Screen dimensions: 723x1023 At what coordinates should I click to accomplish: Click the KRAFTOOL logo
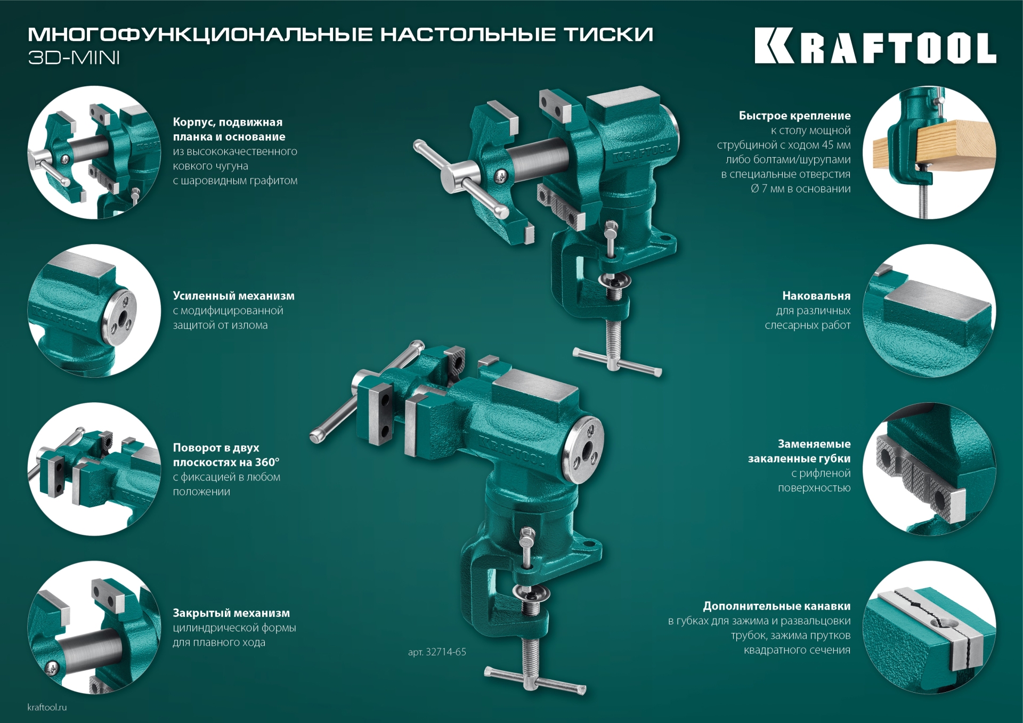tap(875, 46)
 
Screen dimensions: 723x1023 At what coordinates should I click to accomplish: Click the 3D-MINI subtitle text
tap(74, 58)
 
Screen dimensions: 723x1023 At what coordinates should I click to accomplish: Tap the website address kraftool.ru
tap(47, 707)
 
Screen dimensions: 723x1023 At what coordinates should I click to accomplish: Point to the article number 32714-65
tap(437, 652)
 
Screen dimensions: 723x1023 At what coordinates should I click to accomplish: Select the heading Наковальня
tap(816, 296)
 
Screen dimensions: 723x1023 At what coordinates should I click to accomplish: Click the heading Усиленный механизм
tap(233, 296)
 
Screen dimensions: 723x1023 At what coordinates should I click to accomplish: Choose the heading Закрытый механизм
tap(231, 613)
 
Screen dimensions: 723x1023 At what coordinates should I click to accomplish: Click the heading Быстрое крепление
tap(794, 116)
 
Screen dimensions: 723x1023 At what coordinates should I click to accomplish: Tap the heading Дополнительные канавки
tap(776, 606)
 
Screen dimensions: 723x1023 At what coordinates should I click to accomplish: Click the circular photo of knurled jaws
tap(929, 469)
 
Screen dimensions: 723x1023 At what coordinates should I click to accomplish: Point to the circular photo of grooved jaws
tap(929, 627)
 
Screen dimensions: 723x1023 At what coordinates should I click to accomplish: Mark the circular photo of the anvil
tap(929, 311)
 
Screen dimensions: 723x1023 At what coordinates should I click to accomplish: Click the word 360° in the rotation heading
tap(265, 462)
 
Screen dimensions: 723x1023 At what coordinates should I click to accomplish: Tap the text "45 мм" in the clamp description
tap(836, 145)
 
